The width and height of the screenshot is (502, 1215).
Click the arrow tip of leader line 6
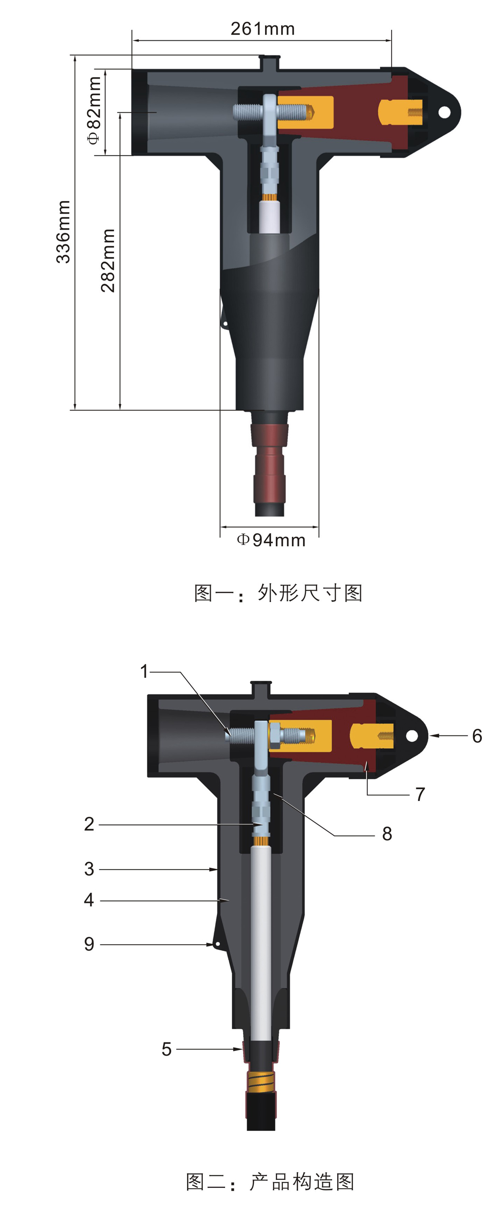coord(429,735)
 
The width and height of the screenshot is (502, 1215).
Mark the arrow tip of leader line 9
coord(214,944)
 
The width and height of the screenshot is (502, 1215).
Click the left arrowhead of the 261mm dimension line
coord(133,41)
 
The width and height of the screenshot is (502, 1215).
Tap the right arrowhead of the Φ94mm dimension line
coord(318,527)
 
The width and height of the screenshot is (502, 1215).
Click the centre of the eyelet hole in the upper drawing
coord(444,112)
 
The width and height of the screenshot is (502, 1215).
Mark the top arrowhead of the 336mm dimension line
coord(75,56)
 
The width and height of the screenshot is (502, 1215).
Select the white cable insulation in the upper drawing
coord(270,217)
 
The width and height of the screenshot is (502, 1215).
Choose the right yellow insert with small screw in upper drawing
coord(400,112)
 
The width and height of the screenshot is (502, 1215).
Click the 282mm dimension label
coord(108,260)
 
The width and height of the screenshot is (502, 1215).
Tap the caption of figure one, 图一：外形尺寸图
coord(278,593)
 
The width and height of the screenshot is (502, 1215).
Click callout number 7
coord(420,794)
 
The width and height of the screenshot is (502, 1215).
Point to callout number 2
coord(89,824)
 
